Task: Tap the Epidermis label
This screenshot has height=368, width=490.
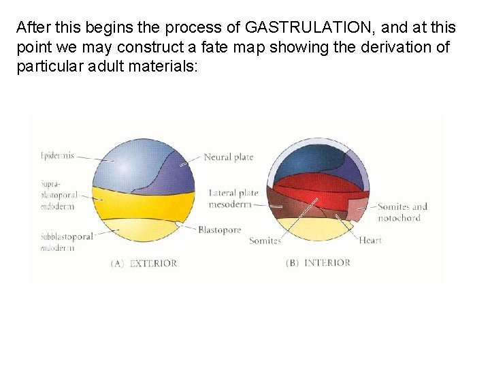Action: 57,155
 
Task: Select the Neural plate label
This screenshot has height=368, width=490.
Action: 228,157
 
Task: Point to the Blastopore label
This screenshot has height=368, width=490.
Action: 219,230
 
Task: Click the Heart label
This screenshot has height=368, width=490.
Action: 370,241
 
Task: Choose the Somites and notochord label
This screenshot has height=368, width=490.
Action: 402,212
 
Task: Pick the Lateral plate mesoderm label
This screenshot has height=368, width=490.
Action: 233,198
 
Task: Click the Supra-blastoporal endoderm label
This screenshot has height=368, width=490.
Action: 58,195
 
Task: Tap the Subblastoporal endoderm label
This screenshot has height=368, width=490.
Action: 66,242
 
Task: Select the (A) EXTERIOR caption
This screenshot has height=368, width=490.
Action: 144,263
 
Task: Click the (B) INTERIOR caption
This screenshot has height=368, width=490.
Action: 318,263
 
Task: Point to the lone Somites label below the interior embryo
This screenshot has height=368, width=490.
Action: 265,241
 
